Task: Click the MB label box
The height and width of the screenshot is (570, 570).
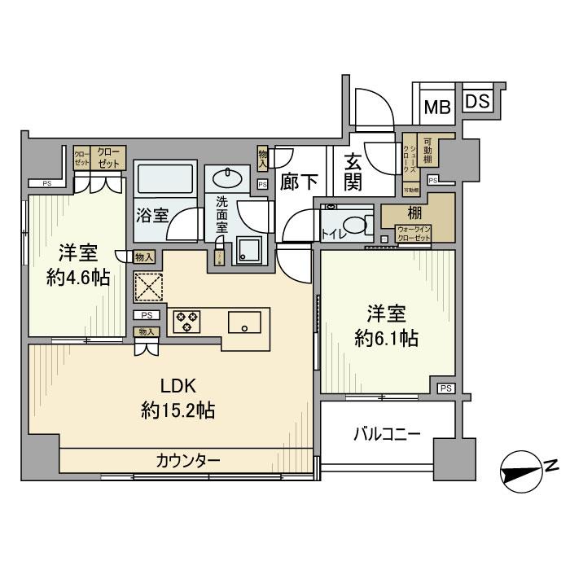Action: pos(440,105)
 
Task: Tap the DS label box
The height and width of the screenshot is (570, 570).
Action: pos(478,102)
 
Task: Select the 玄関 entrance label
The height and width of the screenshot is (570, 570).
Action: pos(353,172)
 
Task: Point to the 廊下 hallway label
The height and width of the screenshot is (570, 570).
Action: pos(298,182)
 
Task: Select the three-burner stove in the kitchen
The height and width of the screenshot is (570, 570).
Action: pos(186,321)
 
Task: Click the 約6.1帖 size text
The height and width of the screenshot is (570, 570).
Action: pos(385,339)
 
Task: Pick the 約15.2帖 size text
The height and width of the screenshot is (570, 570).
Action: pos(177,410)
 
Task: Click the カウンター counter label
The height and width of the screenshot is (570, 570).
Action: pos(188,461)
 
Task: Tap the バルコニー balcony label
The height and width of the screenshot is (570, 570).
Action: pos(387,433)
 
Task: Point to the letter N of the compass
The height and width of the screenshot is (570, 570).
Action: pos(550,465)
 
